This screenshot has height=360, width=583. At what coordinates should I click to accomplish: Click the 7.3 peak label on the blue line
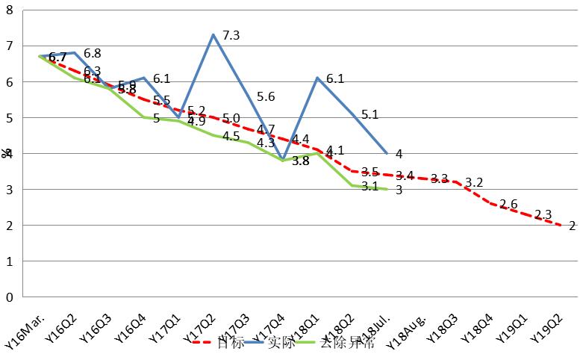click(231, 36)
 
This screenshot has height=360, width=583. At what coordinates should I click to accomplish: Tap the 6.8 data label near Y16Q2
click(93, 54)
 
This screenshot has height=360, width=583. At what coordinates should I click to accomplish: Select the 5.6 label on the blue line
click(266, 97)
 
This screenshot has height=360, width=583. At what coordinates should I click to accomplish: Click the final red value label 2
click(572, 226)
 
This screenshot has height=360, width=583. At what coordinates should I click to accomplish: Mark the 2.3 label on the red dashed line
click(544, 214)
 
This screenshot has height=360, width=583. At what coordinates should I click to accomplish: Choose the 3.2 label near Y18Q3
click(474, 182)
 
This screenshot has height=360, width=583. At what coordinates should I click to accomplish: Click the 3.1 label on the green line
click(370, 186)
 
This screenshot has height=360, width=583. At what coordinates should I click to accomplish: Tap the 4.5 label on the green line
click(231, 136)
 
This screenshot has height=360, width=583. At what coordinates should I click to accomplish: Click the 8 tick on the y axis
click(10, 10)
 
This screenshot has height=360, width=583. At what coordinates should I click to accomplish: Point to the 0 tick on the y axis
click(10, 297)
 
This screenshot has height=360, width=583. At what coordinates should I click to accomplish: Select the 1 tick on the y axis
click(10, 261)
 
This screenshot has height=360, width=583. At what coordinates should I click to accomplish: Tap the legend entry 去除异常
click(346, 344)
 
